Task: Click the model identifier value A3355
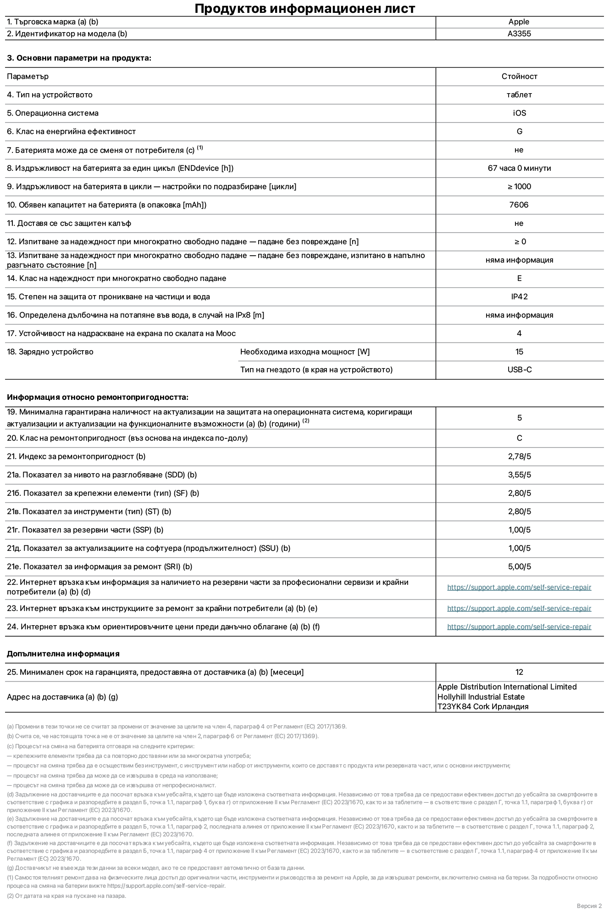(519, 34)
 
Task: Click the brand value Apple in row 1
(519, 22)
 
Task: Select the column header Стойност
(519, 76)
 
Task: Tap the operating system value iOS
(519, 113)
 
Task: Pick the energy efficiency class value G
(519, 131)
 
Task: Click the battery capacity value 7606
(519, 205)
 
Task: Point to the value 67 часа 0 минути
(519, 168)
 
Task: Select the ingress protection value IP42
(519, 297)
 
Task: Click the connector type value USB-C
(519, 369)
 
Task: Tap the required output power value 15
(519, 352)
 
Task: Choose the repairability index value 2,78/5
(519, 456)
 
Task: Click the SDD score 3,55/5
(519, 475)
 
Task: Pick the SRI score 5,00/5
(519, 566)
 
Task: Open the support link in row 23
(519, 608)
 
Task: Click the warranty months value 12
(519, 672)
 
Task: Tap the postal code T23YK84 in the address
(454, 706)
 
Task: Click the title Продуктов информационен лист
(304, 8)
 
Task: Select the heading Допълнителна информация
(63, 654)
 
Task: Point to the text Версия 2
(589, 906)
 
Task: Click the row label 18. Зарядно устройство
(50, 352)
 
